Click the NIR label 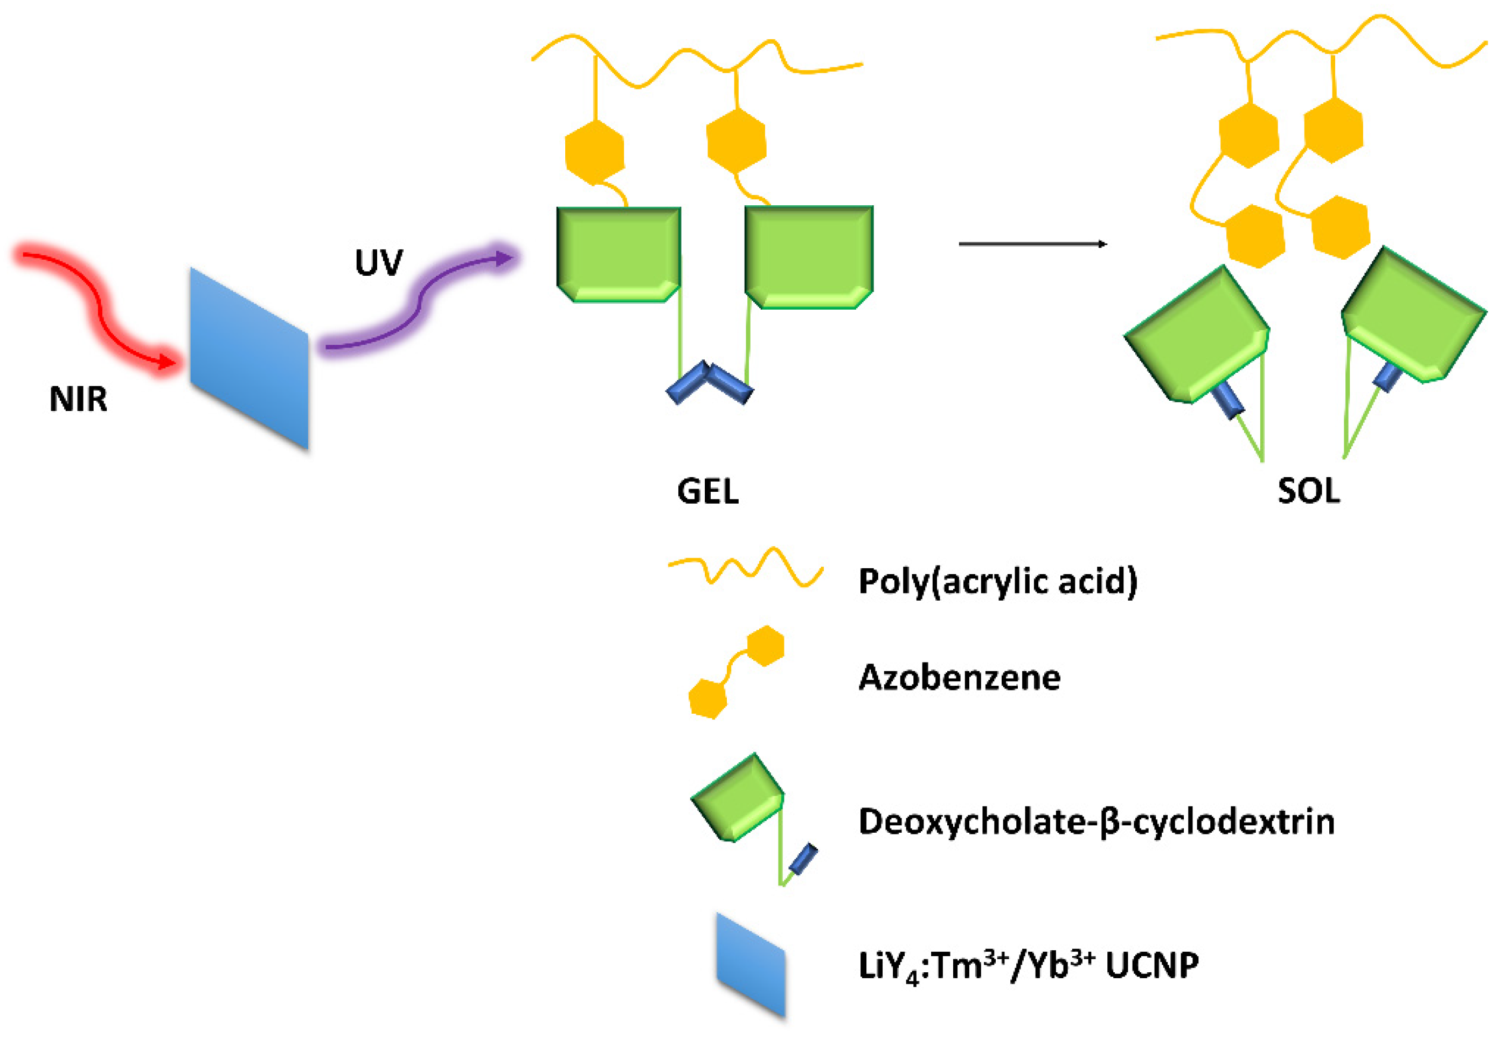(78, 399)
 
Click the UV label (379, 263)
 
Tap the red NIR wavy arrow (98, 305)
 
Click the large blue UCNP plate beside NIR (249, 358)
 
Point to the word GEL (708, 492)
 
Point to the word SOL (1308, 491)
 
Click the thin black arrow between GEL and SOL (1032, 244)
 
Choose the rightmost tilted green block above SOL (1413, 316)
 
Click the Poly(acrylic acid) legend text (997, 581)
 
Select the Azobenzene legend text (960, 678)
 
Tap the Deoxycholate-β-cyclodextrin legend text (1097, 821)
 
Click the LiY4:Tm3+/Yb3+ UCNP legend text (1028, 965)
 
